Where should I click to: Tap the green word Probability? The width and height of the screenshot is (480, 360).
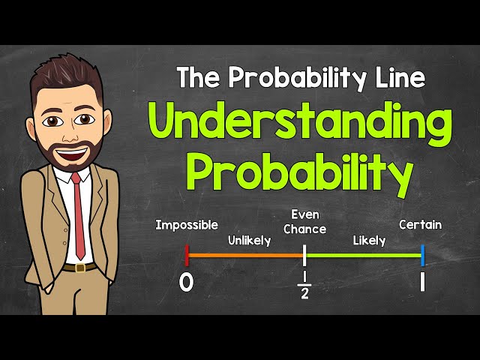[x=300, y=174]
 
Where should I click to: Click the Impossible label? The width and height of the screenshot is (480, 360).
[x=187, y=224]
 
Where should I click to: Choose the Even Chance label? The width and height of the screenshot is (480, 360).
[x=304, y=222]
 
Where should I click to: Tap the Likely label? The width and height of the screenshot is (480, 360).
[x=368, y=241]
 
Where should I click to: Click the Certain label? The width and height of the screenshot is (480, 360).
[x=420, y=224]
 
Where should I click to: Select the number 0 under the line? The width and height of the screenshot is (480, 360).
[x=187, y=283]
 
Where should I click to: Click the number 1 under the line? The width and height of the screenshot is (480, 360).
[x=422, y=283]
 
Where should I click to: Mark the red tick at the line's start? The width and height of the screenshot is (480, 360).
[x=187, y=255]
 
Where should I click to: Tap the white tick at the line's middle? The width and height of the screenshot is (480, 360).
[x=304, y=255]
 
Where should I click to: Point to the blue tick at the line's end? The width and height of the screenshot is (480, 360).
[x=422, y=255]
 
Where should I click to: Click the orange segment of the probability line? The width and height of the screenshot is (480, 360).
[x=245, y=255]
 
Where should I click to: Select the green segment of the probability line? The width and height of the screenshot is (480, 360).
[x=363, y=255]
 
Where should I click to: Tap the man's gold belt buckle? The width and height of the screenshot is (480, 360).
[x=79, y=267]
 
